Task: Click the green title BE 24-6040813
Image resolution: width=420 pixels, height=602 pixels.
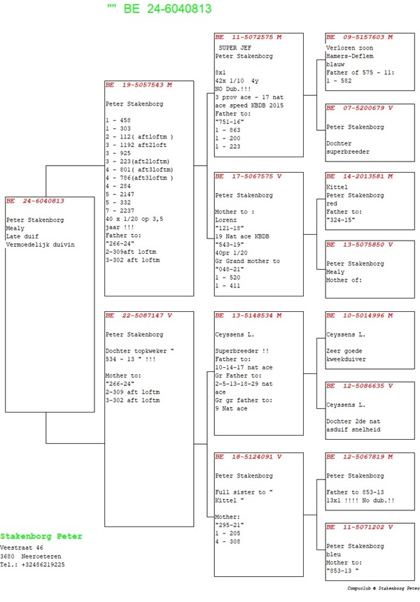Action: point(167,8)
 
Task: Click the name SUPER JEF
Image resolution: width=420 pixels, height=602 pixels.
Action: point(234,48)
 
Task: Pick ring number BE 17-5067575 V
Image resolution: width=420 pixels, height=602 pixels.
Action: point(248,177)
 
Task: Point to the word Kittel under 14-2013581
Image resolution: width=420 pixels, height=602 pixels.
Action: point(337,187)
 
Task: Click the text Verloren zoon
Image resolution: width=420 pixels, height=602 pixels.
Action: point(350,48)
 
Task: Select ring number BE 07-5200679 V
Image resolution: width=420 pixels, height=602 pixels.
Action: point(360,108)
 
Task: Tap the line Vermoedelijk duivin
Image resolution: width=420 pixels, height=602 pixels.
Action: point(41,245)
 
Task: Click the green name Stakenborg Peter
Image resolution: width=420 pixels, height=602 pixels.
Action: point(41,536)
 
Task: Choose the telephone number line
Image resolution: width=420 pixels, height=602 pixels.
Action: point(32,565)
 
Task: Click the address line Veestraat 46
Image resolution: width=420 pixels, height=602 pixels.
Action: point(22,548)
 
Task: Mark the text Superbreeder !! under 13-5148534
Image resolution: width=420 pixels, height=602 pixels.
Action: point(242,351)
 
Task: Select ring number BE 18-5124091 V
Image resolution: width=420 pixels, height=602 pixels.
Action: point(248,457)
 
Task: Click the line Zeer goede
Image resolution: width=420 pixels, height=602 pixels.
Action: point(344,351)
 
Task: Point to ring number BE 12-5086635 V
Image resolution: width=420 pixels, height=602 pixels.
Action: point(360,386)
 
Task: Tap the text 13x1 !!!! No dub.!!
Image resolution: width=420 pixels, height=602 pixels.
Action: point(360,501)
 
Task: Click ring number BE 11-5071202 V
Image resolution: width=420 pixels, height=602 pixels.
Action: point(360,527)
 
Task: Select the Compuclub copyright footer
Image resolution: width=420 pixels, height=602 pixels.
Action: point(384,589)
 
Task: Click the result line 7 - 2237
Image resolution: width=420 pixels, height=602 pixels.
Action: point(120,210)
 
